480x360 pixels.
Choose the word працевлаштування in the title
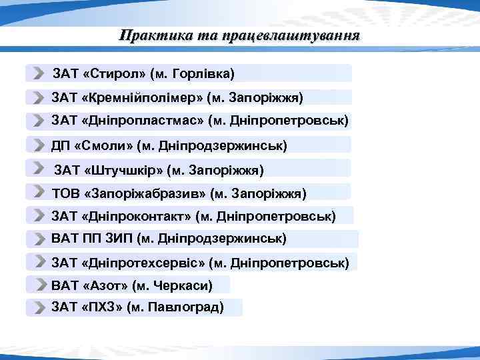(290, 35)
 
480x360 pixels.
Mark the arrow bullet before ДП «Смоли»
(39, 145)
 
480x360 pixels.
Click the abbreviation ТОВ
(65, 193)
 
